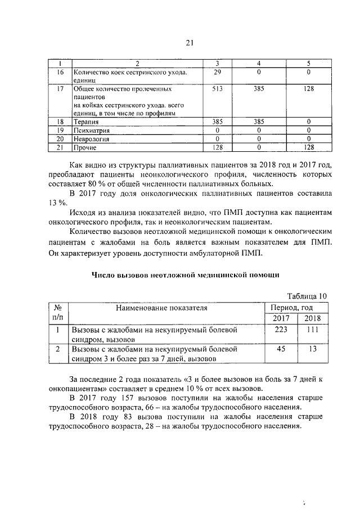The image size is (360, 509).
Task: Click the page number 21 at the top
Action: tap(189, 44)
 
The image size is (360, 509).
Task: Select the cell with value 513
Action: tap(217, 89)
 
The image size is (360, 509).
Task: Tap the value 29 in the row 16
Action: tap(217, 72)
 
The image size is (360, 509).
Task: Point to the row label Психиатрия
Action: tap(91, 130)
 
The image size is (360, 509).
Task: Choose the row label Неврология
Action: tap(91, 138)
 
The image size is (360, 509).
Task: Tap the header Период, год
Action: tap(291, 308)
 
